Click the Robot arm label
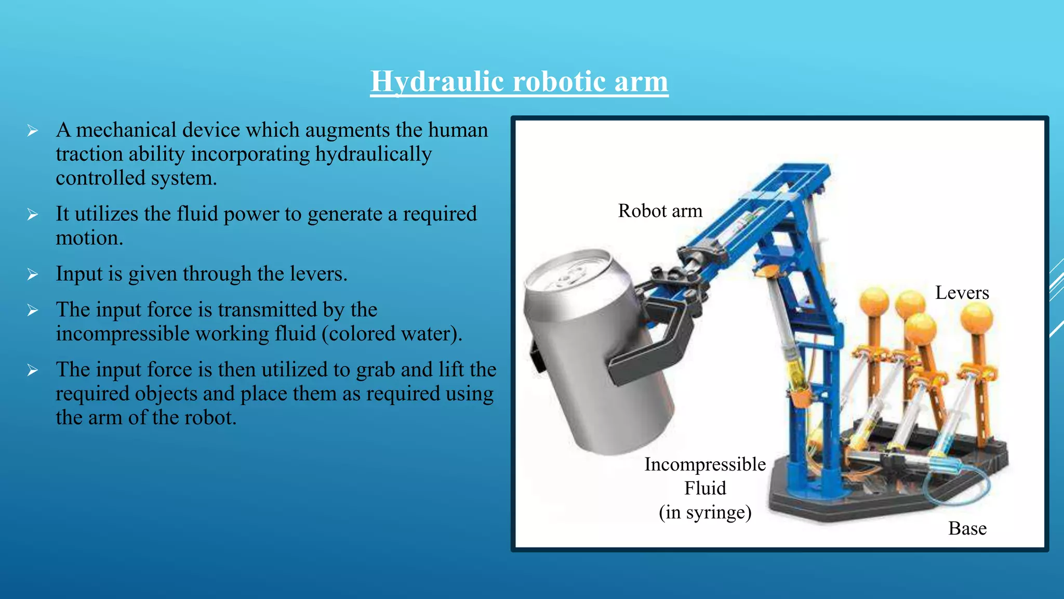pyautogui.click(x=660, y=211)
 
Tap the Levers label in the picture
pyautogui.click(x=962, y=293)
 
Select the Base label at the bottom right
pyautogui.click(x=967, y=528)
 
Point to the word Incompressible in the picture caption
pyautogui.click(x=705, y=464)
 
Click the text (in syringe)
pyautogui.click(x=705, y=512)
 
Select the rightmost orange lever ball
pyautogui.click(x=976, y=317)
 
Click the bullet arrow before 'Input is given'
pyautogui.click(x=33, y=275)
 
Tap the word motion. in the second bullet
pyautogui.click(x=89, y=238)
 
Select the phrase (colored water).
pyautogui.click(x=392, y=334)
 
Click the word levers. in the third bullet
pyautogui.click(x=318, y=274)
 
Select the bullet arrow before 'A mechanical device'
pyautogui.click(x=33, y=131)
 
